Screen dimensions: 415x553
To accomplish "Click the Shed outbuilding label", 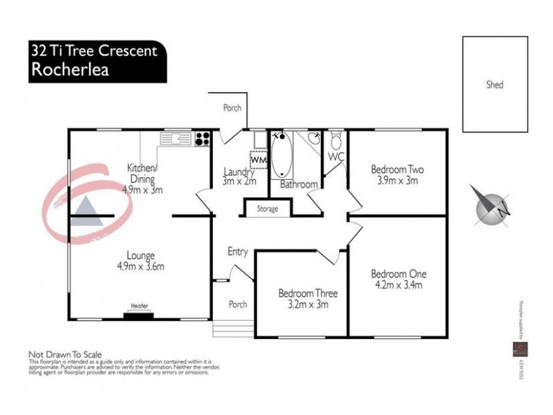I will coord(494,85).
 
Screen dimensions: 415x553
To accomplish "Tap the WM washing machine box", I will coord(257,160).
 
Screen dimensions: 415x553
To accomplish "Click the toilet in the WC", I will coord(337,143).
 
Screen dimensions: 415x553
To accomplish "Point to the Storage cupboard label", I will coord(268,208).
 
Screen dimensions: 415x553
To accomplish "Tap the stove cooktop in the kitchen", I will coord(202,138).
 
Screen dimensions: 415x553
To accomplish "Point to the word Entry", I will coord(237,252).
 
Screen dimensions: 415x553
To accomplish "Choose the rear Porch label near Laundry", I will coord(232,108).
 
